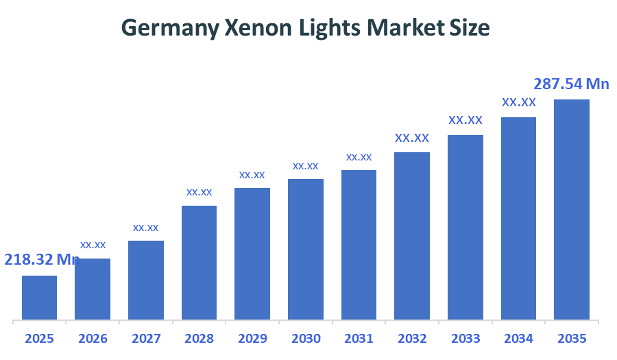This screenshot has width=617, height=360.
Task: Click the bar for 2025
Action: (x=39, y=298)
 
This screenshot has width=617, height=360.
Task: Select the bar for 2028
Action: (x=199, y=263)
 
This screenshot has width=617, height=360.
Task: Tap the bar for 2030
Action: (x=306, y=250)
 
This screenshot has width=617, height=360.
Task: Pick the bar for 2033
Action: (x=465, y=227)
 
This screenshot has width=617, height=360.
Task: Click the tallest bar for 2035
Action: (x=572, y=209)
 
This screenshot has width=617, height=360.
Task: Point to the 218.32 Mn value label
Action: (x=42, y=259)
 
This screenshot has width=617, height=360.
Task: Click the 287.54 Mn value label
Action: (x=571, y=84)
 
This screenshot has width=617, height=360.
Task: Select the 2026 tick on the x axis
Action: (x=93, y=339)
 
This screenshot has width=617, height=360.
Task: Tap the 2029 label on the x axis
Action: (x=252, y=339)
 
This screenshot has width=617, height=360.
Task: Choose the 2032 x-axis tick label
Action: (x=412, y=339)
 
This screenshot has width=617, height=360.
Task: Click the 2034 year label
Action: (x=518, y=339)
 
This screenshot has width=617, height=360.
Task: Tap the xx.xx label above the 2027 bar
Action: (x=146, y=228)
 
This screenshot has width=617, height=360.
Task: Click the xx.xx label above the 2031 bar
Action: (x=359, y=157)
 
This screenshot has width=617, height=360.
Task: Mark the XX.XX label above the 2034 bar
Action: (x=519, y=102)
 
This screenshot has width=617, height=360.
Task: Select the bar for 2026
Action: (x=93, y=289)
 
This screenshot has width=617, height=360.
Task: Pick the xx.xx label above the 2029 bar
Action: (x=252, y=175)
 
